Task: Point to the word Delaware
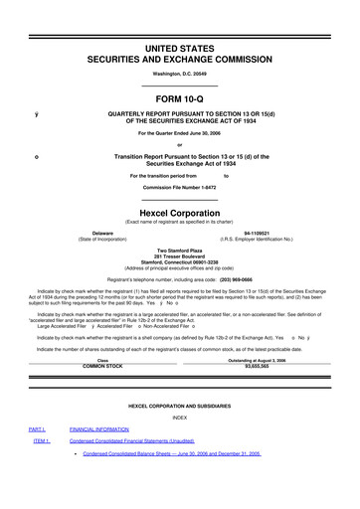click(x=95, y=233)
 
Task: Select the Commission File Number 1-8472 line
click(x=179, y=186)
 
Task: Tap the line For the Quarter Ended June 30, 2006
click(x=179, y=132)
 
